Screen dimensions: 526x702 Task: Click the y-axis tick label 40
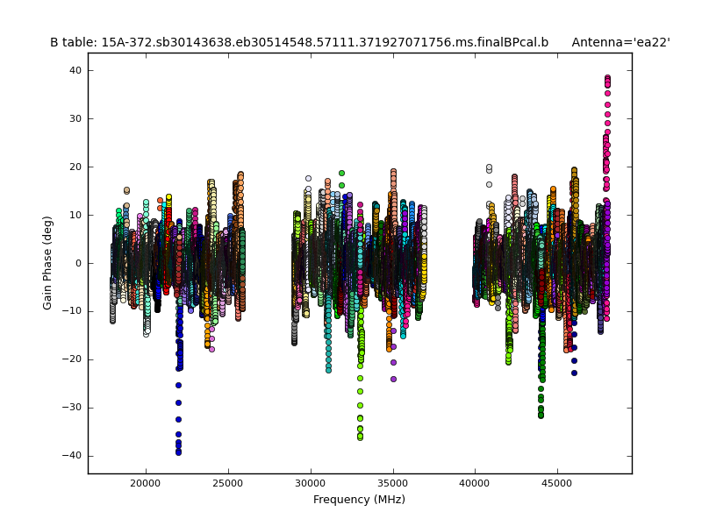pyautogui.click(x=76, y=70)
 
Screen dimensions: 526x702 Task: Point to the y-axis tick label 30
pyautogui.click(x=76, y=118)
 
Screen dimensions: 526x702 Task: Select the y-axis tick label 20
pyautogui.click(x=76, y=167)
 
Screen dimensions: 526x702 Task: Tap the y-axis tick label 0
pyautogui.click(x=79, y=263)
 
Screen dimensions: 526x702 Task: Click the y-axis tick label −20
pyautogui.click(x=73, y=359)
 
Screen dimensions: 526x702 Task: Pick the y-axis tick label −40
pyautogui.click(x=73, y=456)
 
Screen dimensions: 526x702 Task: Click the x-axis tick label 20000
pyautogui.click(x=146, y=483)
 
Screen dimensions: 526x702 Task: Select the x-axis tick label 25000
pyautogui.click(x=228, y=483)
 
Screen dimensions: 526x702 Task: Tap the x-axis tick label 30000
pyautogui.click(x=311, y=483)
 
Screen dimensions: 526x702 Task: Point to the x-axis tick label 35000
pyautogui.click(x=393, y=483)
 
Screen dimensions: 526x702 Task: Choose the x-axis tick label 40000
pyautogui.click(x=475, y=483)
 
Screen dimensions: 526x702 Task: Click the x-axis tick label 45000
pyautogui.click(x=557, y=483)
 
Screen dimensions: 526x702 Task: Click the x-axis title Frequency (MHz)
pyautogui.click(x=359, y=500)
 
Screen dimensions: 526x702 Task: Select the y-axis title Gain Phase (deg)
pyautogui.click(x=48, y=263)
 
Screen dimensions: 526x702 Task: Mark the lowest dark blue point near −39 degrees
pyautogui.click(x=178, y=451)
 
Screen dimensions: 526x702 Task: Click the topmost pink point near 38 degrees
pyautogui.click(x=607, y=77)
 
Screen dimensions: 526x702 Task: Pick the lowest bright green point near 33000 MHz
pyautogui.click(x=360, y=437)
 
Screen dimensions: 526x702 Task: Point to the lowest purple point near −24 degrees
pyautogui.click(x=393, y=379)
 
